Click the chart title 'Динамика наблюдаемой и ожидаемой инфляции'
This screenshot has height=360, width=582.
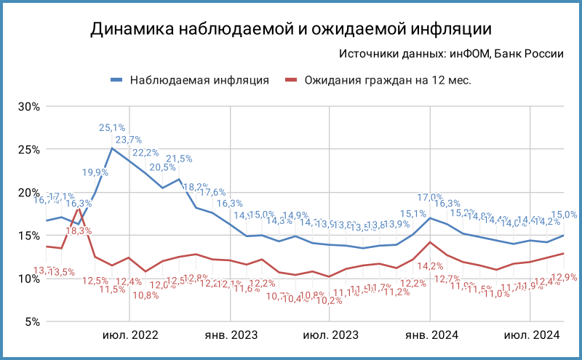(291, 29)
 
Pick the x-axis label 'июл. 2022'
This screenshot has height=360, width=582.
(129, 335)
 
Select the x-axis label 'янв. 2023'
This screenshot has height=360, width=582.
(230, 335)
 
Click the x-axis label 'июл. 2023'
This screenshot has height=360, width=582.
(330, 335)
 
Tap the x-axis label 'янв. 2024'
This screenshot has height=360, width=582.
(430, 335)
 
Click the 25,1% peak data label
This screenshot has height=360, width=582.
(112, 128)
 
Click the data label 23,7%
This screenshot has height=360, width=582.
(129, 140)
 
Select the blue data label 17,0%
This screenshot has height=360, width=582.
(430, 197)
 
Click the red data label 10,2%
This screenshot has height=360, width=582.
(330, 300)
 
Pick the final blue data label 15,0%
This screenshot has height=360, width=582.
(565, 215)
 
